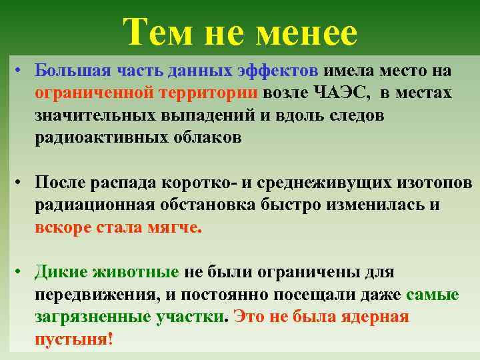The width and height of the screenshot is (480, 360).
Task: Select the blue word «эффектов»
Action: click(x=281, y=71)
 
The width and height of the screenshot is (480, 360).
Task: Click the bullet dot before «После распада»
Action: click(x=22, y=183)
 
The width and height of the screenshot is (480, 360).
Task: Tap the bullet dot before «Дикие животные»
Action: click(x=22, y=272)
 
